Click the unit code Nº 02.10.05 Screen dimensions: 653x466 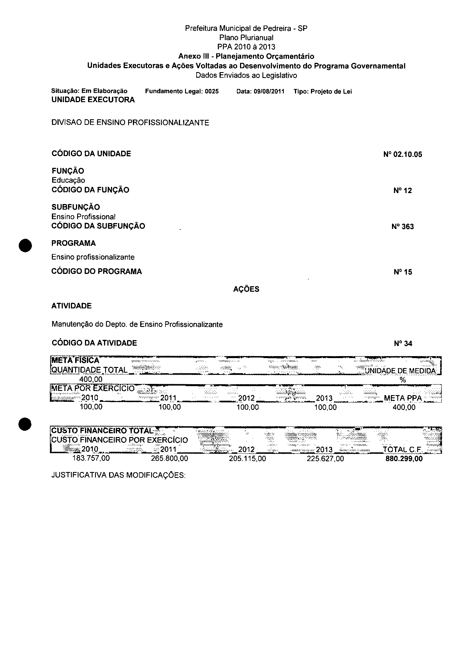(403, 155)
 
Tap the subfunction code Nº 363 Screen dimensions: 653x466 (403, 227)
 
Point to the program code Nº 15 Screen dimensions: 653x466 (403, 272)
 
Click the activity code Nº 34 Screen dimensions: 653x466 (403, 343)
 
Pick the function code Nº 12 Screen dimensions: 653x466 (403, 191)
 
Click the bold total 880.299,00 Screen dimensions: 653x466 (404, 459)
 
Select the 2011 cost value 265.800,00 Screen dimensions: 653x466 (170, 459)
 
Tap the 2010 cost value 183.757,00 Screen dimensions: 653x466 (91, 458)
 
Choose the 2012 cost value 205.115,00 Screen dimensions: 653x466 (247, 459)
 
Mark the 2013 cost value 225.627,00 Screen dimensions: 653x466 (325, 459)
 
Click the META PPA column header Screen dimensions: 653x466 (403, 398)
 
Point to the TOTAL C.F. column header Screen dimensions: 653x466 (402, 450)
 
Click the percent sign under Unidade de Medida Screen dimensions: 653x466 (403, 380)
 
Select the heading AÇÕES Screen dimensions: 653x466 (246, 289)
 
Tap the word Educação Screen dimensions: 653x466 (68, 180)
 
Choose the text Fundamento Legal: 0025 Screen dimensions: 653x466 (182, 91)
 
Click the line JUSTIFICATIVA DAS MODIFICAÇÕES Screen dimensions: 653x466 (119, 475)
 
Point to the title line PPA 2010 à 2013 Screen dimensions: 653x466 (246, 47)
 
